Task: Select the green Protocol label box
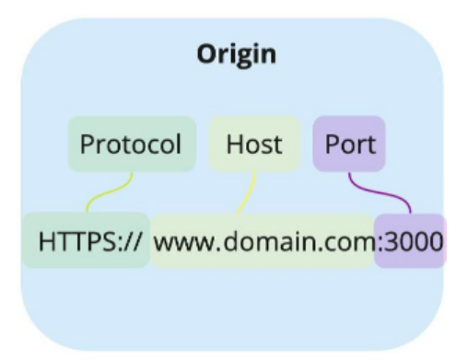point(132,144)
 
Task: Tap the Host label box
point(252,144)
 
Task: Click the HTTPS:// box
point(86,241)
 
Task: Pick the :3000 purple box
point(411,241)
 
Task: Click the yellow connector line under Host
point(246,193)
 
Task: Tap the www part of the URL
point(175,242)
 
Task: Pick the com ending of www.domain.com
point(351,242)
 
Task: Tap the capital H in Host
point(232,145)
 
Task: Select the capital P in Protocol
point(86,145)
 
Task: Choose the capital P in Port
point(329,145)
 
